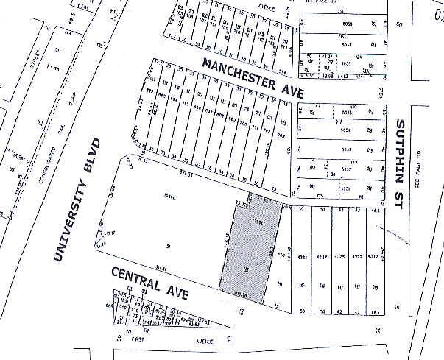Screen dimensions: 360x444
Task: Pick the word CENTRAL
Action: click(x=136, y=280)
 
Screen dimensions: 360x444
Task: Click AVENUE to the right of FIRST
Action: click(x=204, y=342)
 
